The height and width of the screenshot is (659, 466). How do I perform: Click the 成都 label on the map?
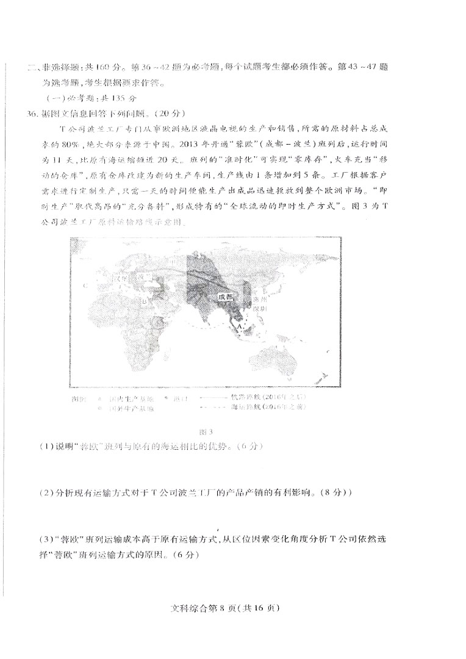tap(224, 297)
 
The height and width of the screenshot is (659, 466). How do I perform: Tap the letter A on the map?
tap(240, 328)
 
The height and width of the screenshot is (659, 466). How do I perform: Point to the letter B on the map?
tap(145, 301)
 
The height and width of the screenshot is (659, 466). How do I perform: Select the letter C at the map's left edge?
tap(85, 285)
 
